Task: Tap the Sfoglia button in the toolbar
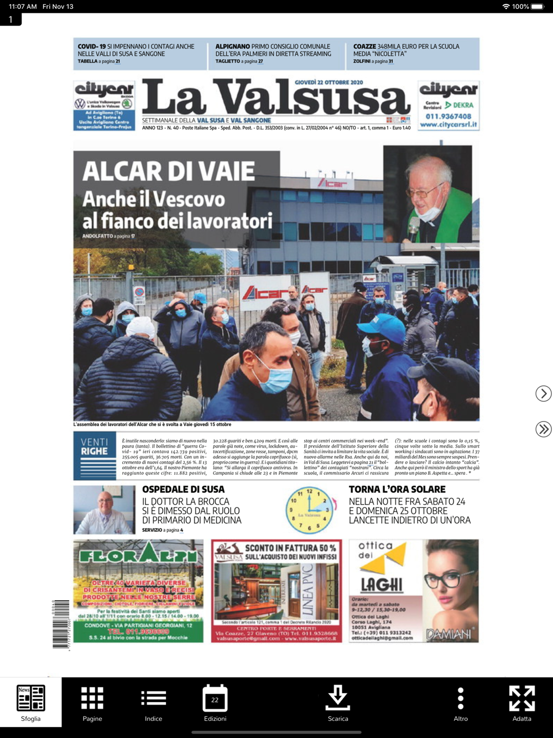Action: tap(31, 702)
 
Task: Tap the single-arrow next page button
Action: tap(544, 393)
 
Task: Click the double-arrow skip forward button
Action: tap(544, 429)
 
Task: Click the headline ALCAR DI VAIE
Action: tap(169, 171)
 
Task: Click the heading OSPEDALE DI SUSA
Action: tap(183, 490)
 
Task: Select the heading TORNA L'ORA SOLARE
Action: tap(397, 490)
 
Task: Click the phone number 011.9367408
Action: tap(448, 116)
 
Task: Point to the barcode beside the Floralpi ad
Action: tap(61, 623)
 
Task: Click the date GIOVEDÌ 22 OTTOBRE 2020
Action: tap(328, 82)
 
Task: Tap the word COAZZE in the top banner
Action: tap(364, 46)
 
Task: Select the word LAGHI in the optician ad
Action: tap(382, 585)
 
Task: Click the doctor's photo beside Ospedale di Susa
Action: tap(105, 510)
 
